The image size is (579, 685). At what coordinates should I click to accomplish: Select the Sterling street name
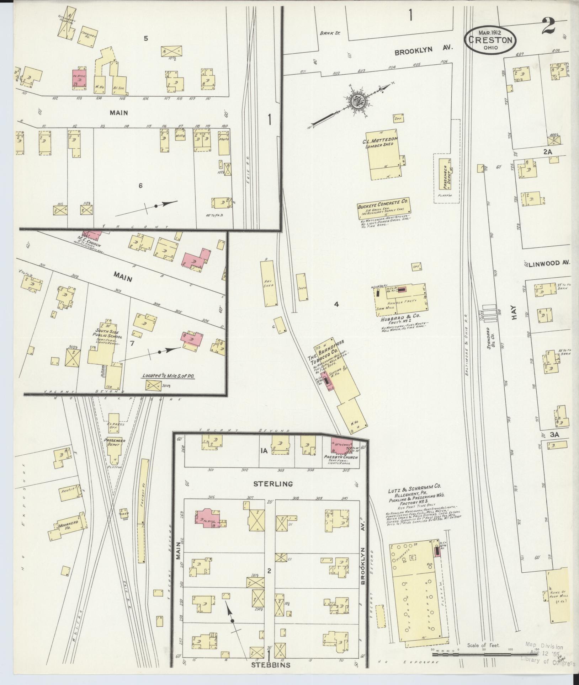273,483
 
